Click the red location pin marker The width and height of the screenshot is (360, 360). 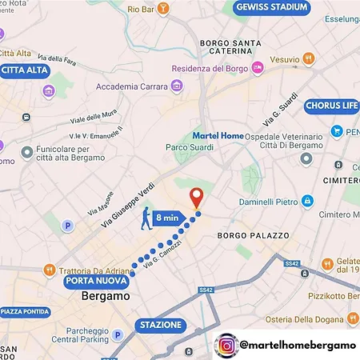click(x=196, y=197)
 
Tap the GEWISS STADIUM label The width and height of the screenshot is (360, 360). click(x=271, y=8)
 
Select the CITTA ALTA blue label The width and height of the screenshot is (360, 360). click(x=24, y=70)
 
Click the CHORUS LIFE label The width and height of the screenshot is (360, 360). click(x=331, y=106)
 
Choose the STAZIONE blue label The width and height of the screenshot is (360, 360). click(x=161, y=326)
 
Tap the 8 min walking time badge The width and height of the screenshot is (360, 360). click(x=169, y=217)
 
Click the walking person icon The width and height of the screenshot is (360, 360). click(x=143, y=218)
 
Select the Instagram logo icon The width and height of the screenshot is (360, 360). click(x=227, y=346)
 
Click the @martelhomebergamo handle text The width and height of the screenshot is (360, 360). click(x=297, y=346)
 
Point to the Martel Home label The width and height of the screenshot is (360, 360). click(x=218, y=136)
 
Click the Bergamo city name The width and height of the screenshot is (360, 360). click(x=106, y=297)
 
